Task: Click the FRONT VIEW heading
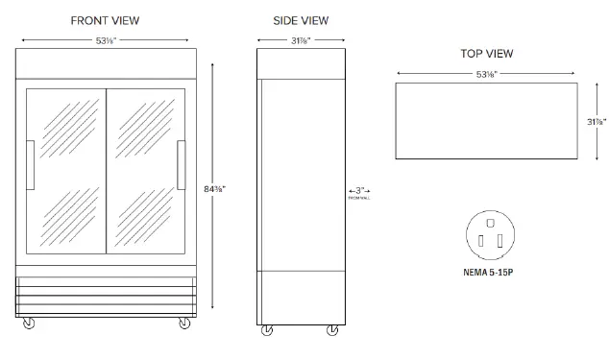(x=106, y=20)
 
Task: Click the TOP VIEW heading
(x=486, y=53)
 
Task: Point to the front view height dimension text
(x=216, y=188)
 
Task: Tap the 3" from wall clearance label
(x=358, y=193)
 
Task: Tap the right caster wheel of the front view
(x=183, y=324)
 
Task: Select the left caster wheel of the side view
(x=267, y=330)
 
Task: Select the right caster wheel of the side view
(x=332, y=330)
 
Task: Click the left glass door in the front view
(x=65, y=169)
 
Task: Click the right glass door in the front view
(x=145, y=169)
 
